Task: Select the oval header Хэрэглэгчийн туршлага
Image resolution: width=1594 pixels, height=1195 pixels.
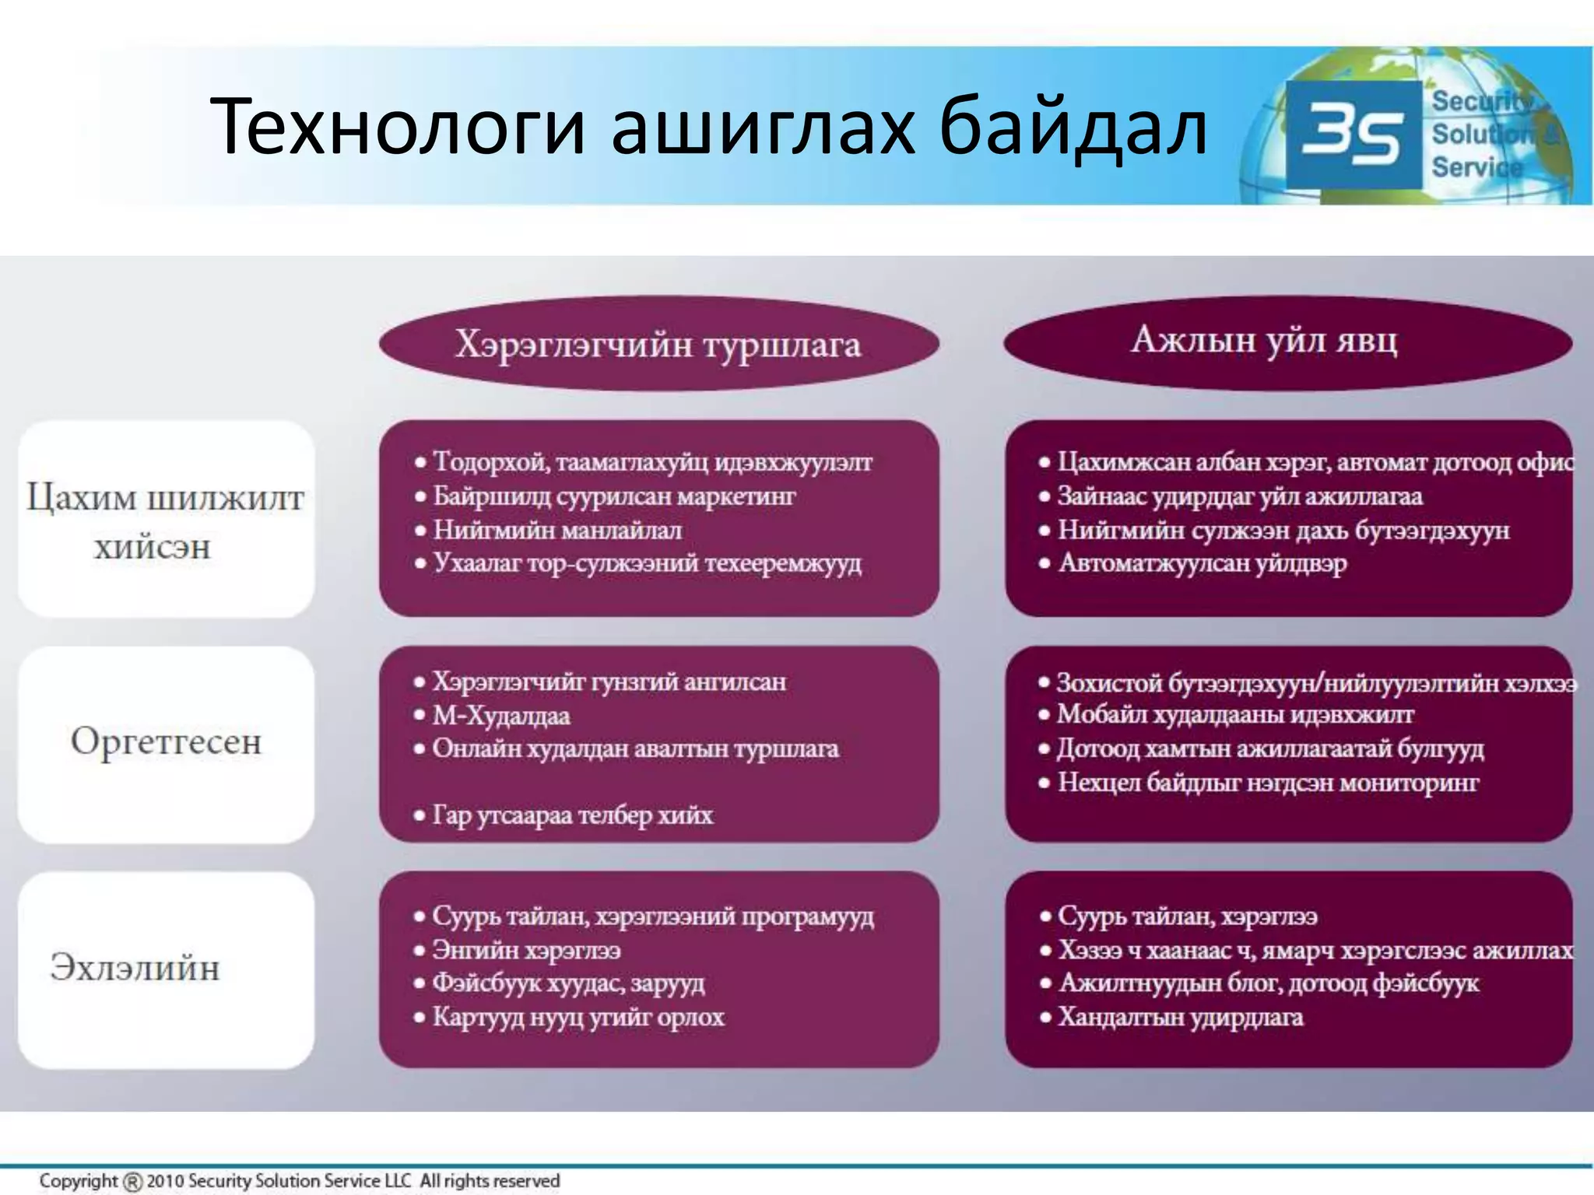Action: click(x=658, y=343)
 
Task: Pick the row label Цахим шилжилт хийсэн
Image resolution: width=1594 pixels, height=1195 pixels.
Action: click(x=165, y=520)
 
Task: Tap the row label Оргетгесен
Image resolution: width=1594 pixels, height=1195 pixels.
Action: click(x=166, y=741)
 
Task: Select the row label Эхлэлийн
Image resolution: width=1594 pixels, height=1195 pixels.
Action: click(x=135, y=968)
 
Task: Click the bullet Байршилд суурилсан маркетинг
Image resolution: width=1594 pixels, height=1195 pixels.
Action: click(x=614, y=496)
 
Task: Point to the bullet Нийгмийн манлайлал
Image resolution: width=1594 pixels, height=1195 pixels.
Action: click(x=557, y=530)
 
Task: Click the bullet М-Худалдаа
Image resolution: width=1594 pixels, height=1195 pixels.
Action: click(x=501, y=715)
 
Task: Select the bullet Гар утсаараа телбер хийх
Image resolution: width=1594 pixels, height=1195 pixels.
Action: click(x=572, y=815)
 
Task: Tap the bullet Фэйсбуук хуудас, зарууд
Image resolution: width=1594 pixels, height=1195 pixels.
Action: click(x=568, y=983)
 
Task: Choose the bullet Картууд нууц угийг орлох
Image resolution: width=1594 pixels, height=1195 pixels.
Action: click(x=578, y=1017)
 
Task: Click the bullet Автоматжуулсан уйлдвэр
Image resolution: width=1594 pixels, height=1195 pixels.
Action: click(x=1203, y=562)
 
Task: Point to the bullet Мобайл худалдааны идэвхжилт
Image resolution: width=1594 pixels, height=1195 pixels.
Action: click(x=1235, y=714)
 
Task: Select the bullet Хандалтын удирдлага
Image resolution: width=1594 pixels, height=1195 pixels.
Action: click(x=1180, y=1017)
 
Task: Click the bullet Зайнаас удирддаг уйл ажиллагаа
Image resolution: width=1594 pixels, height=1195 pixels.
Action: click(x=1239, y=496)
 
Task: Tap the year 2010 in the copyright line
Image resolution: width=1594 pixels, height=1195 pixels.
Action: click(x=166, y=1181)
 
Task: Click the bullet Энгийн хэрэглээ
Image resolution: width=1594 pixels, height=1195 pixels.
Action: click(x=526, y=950)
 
